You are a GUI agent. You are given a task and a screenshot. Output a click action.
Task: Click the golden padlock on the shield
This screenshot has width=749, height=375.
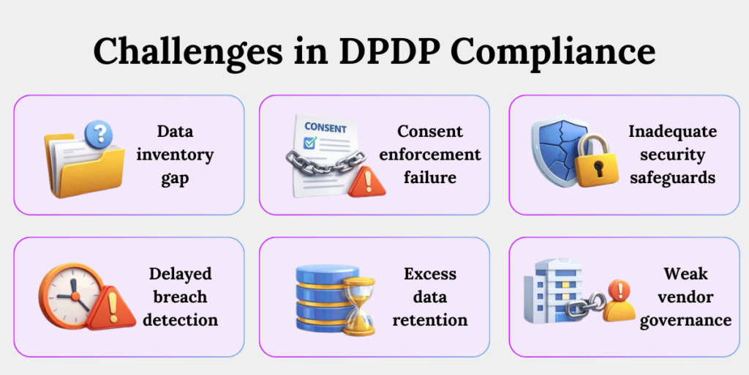(x=597, y=165)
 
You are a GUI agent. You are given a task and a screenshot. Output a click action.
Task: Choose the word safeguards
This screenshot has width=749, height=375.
(x=672, y=178)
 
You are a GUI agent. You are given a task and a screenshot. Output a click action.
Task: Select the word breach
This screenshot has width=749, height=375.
(x=180, y=297)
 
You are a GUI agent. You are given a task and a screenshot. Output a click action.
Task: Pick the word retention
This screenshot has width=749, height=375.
(x=430, y=320)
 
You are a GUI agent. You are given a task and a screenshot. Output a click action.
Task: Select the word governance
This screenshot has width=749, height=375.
(x=685, y=320)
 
